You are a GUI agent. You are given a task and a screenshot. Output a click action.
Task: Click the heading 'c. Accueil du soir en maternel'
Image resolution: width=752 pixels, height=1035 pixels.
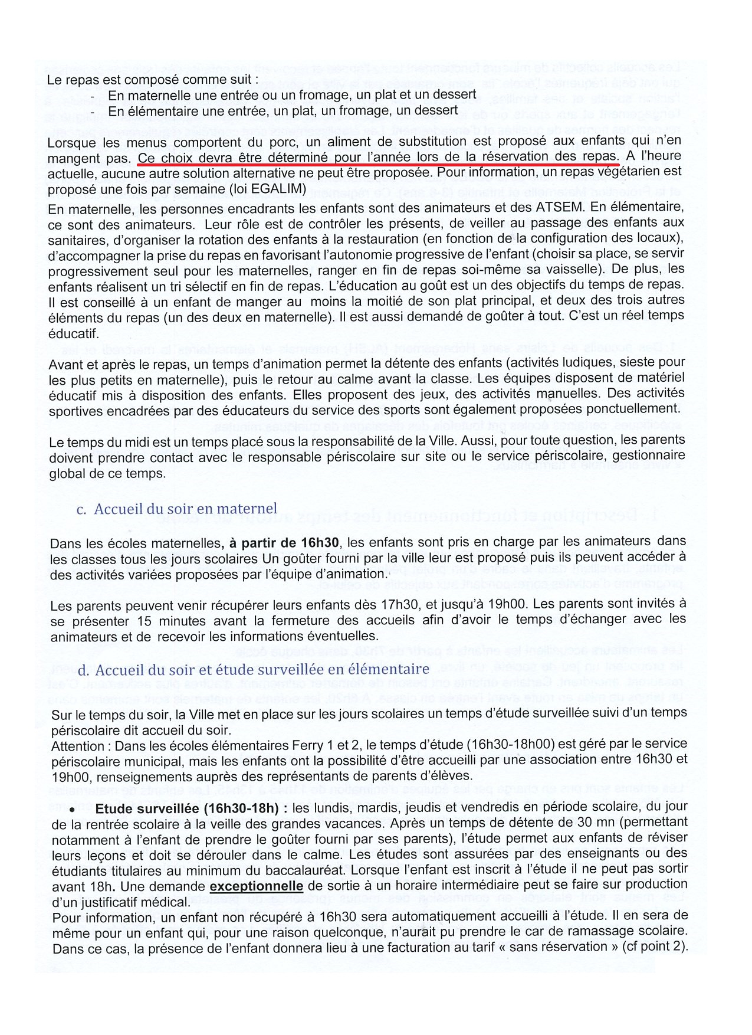coord(177,509)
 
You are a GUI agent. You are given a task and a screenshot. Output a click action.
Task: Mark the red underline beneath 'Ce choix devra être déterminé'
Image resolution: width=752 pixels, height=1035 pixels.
coord(377,165)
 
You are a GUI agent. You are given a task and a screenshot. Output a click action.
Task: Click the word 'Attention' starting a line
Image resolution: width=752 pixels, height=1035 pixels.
coord(75,745)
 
